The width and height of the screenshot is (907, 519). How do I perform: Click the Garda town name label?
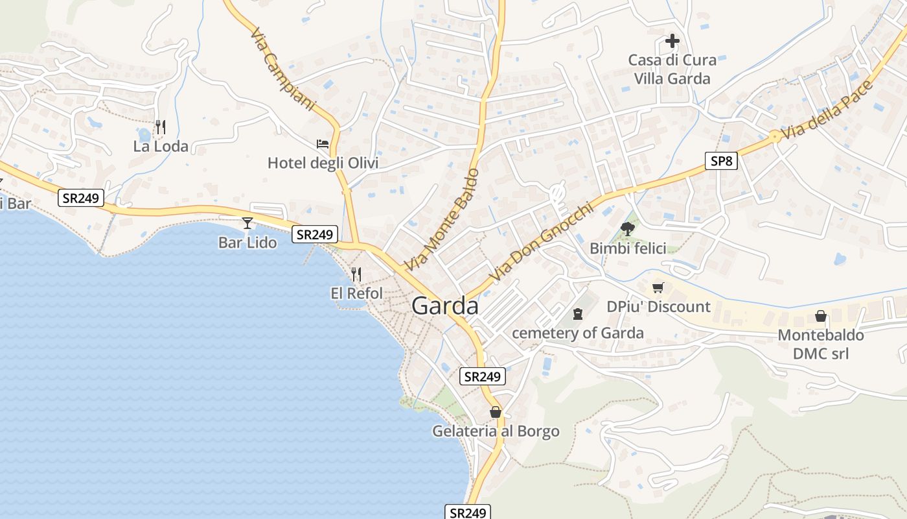(445, 306)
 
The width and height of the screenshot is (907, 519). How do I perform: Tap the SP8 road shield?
(721, 160)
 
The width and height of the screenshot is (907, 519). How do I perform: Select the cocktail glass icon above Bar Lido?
(247, 223)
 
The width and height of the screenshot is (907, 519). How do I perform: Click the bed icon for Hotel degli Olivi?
(323, 143)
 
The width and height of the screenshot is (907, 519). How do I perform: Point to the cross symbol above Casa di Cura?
(672, 41)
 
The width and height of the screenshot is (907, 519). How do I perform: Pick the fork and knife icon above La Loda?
(161, 127)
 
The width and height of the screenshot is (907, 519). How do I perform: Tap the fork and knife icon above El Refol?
(356, 274)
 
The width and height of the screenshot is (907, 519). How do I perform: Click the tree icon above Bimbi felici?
(627, 228)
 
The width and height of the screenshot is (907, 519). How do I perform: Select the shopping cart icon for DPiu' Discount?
(658, 287)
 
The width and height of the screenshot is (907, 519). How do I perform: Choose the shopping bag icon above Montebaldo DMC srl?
(821, 316)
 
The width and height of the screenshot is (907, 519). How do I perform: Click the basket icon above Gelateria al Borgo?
(496, 412)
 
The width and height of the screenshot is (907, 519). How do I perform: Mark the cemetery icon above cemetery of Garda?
(578, 314)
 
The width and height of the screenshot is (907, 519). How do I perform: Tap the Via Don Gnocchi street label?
(541, 243)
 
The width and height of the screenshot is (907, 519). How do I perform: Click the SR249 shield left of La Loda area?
(81, 198)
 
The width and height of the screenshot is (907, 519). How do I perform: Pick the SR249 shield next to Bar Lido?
(315, 234)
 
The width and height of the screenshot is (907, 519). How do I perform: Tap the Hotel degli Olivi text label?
(323, 163)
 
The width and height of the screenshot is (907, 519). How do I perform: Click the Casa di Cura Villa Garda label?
(672, 69)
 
